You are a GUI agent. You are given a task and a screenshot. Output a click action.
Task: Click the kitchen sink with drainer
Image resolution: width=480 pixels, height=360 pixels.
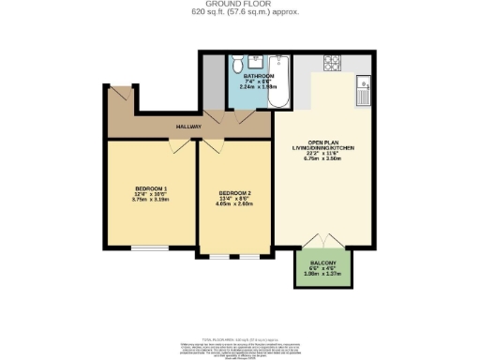(x=362, y=92)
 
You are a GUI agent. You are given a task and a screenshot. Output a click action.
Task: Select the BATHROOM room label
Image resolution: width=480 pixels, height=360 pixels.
(x=259, y=76)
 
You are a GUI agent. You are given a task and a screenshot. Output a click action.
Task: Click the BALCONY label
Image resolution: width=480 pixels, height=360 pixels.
(x=322, y=262)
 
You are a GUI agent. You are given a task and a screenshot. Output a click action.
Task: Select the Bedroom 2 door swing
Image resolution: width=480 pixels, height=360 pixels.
(x=213, y=144)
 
